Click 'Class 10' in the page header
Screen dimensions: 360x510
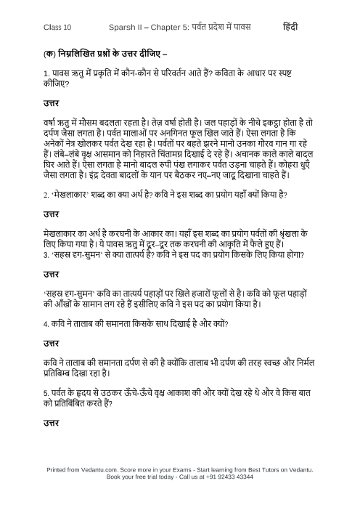[57, 28]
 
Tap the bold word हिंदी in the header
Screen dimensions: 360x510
[290, 27]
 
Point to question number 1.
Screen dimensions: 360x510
[45, 74]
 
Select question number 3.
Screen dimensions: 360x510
[45, 255]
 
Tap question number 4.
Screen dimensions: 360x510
[45, 323]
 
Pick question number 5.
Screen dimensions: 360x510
[45, 392]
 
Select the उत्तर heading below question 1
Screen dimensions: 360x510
[51, 105]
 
